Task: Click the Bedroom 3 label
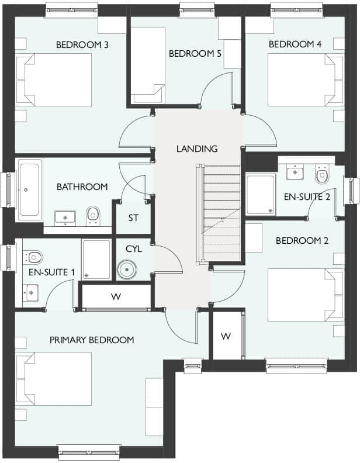click(x=82, y=44)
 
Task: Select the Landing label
click(x=197, y=148)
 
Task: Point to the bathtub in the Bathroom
click(x=29, y=190)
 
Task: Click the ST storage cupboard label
click(x=133, y=218)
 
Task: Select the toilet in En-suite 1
click(x=34, y=256)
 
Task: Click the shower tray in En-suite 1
click(x=96, y=258)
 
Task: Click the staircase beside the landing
click(x=221, y=213)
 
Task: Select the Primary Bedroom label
click(x=92, y=340)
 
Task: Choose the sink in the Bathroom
click(x=64, y=217)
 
